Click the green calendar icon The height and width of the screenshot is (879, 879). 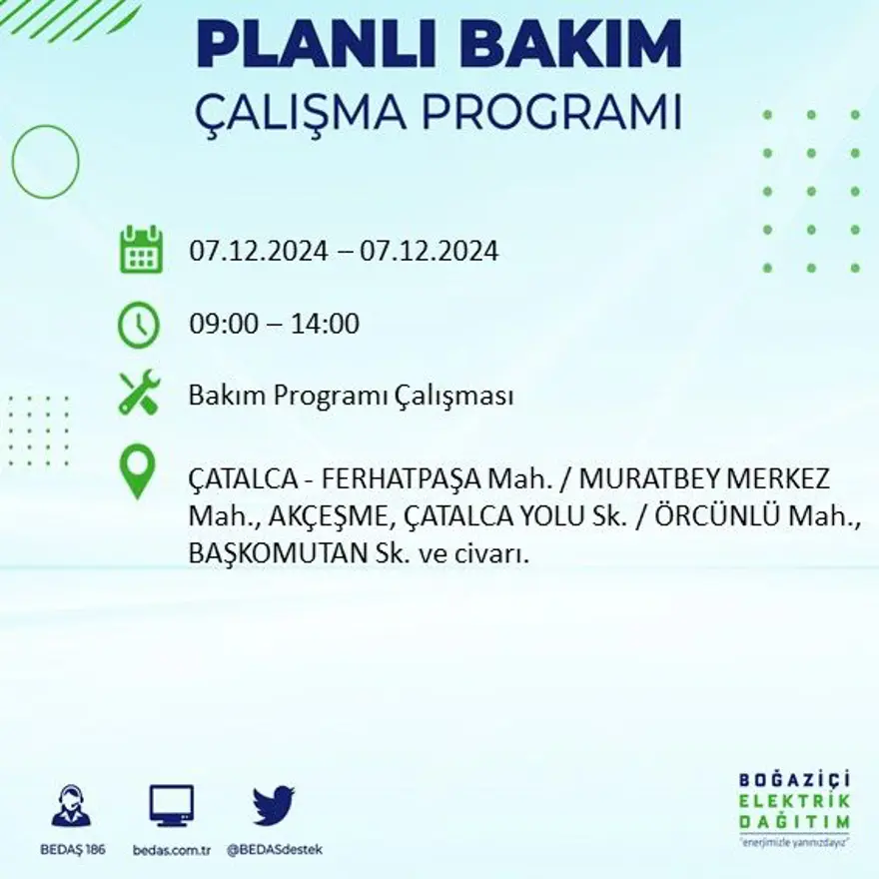[x=140, y=250]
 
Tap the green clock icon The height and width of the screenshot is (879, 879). [x=139, y=325]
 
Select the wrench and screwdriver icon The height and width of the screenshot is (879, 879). [x=139, y=393]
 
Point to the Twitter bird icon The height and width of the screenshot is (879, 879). [x=274, y=806]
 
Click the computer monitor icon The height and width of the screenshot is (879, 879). [x=172, y=805]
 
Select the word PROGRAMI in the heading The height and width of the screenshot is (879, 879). [x=536, y=113]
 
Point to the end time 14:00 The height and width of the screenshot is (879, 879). [x=327, y=325]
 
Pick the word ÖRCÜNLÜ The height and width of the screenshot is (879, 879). [x=715, y=516]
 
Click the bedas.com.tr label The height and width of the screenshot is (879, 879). [x=171, y=849]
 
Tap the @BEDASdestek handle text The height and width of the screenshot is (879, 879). [x=275, y=849]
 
